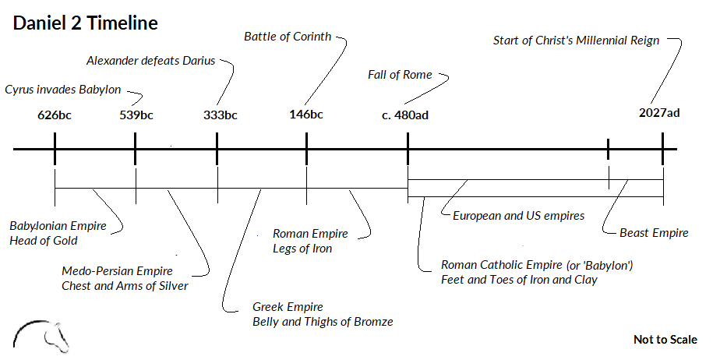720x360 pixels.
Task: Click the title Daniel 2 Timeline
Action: click(x=85, y=23)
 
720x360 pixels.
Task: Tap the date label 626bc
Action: click(x=55, y=115)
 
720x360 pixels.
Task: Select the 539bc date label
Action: click(x=136, y=115)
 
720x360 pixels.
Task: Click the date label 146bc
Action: click(x=305, y=115)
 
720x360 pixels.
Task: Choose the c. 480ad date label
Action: click(x=405, y=115)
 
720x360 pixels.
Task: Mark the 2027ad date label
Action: click(x=659, y=113)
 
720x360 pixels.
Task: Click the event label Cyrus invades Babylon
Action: click(x=62, y=89)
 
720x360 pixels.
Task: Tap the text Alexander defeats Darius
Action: click(x=150, y=61)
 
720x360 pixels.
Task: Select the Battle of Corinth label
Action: click(x=288, y=36)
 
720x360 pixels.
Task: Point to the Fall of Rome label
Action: click(x=399, y=75)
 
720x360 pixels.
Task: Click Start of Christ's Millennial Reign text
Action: click(x=577, y=40)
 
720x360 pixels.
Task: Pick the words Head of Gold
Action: click(x=44, y=241)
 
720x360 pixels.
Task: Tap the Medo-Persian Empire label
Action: click(x=117, y=271)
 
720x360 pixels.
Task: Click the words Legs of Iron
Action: click(x=302, y=249)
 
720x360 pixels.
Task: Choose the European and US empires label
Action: click(x=518, y=216)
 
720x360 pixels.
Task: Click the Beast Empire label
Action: click(x=654, y=232)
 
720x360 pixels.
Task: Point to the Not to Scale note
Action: click(x=665, y=340)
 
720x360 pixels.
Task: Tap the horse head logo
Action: click(x=44, y=334)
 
